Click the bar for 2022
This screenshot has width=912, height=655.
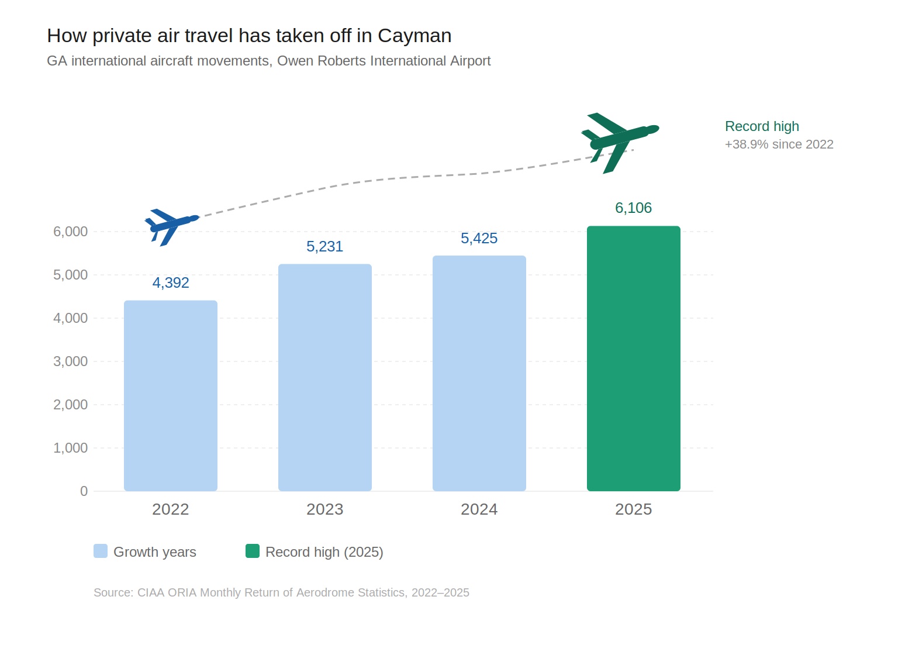(171, 396)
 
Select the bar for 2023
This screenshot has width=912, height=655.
(325, 378)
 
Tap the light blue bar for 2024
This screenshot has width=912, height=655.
(479, 374)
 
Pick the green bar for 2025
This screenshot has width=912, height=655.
(634, 358)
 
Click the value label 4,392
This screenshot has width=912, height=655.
(171, 282)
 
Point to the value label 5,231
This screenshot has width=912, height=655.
(325, 246)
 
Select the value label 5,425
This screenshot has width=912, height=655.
(479, 238)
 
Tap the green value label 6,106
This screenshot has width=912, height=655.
(634, 208)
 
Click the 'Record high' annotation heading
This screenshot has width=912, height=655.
(762, 126)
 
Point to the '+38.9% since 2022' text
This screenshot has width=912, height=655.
(779, 144)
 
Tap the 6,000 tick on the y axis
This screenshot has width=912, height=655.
(71, 232)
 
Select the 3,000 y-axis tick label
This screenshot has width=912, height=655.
(71, 361)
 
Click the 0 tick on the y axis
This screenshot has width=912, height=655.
(84, 491)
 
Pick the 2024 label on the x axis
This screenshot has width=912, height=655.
(479, 509)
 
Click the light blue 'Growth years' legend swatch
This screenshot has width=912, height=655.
(101, 551)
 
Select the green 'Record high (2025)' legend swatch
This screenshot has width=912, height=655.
(253, 551)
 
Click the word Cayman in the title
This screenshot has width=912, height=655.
(414, 36)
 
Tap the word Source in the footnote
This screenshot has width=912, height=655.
(113, 592)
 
